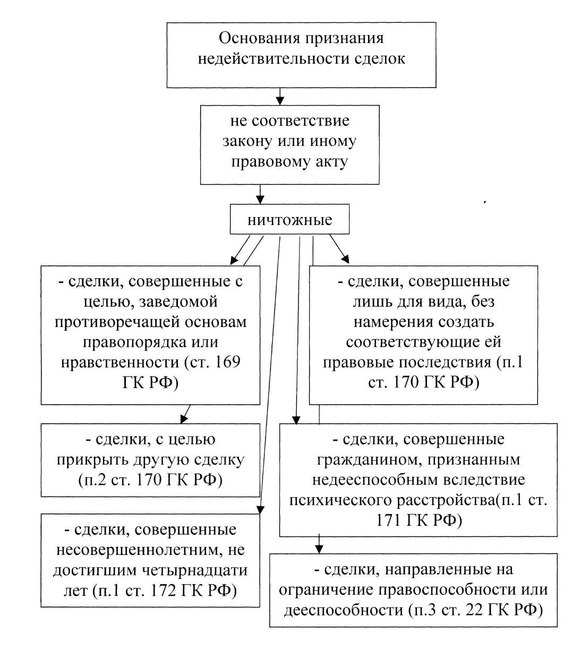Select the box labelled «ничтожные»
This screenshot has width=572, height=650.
click(289, 220)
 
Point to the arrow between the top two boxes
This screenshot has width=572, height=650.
click(280, 96)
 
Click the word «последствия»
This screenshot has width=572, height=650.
click(445, 362)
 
